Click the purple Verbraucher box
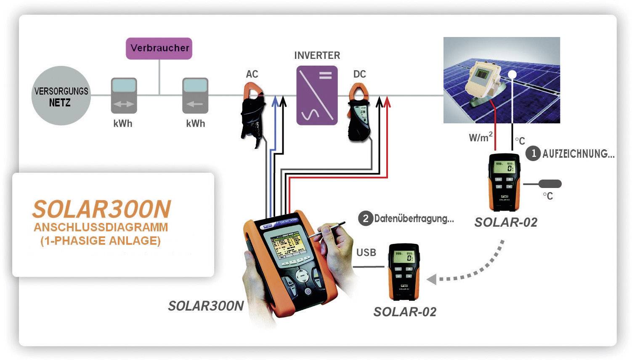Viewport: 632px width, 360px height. point(159,48)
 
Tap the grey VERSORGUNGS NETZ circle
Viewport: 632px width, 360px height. point(61,96)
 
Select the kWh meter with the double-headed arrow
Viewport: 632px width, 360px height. point(124,95)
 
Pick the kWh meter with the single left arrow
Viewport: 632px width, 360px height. point(195,95)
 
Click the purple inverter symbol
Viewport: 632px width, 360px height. point(317,95)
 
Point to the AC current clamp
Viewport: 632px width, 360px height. point(254,111)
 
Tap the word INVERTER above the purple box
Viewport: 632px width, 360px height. point(317,56)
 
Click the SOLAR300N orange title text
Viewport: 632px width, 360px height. point(102,209)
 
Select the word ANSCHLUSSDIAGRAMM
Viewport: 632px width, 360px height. point(101,227)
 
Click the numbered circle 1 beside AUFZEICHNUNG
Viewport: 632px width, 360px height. point(534,153)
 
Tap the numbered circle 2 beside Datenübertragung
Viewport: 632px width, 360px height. point(365,218)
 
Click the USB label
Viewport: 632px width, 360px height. point(366,252)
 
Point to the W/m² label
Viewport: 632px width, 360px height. point(480,137)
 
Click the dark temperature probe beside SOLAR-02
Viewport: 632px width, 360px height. point(550,184)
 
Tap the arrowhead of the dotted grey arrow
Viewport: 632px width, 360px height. point(432,279)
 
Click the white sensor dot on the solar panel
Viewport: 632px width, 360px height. point(512,74)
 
